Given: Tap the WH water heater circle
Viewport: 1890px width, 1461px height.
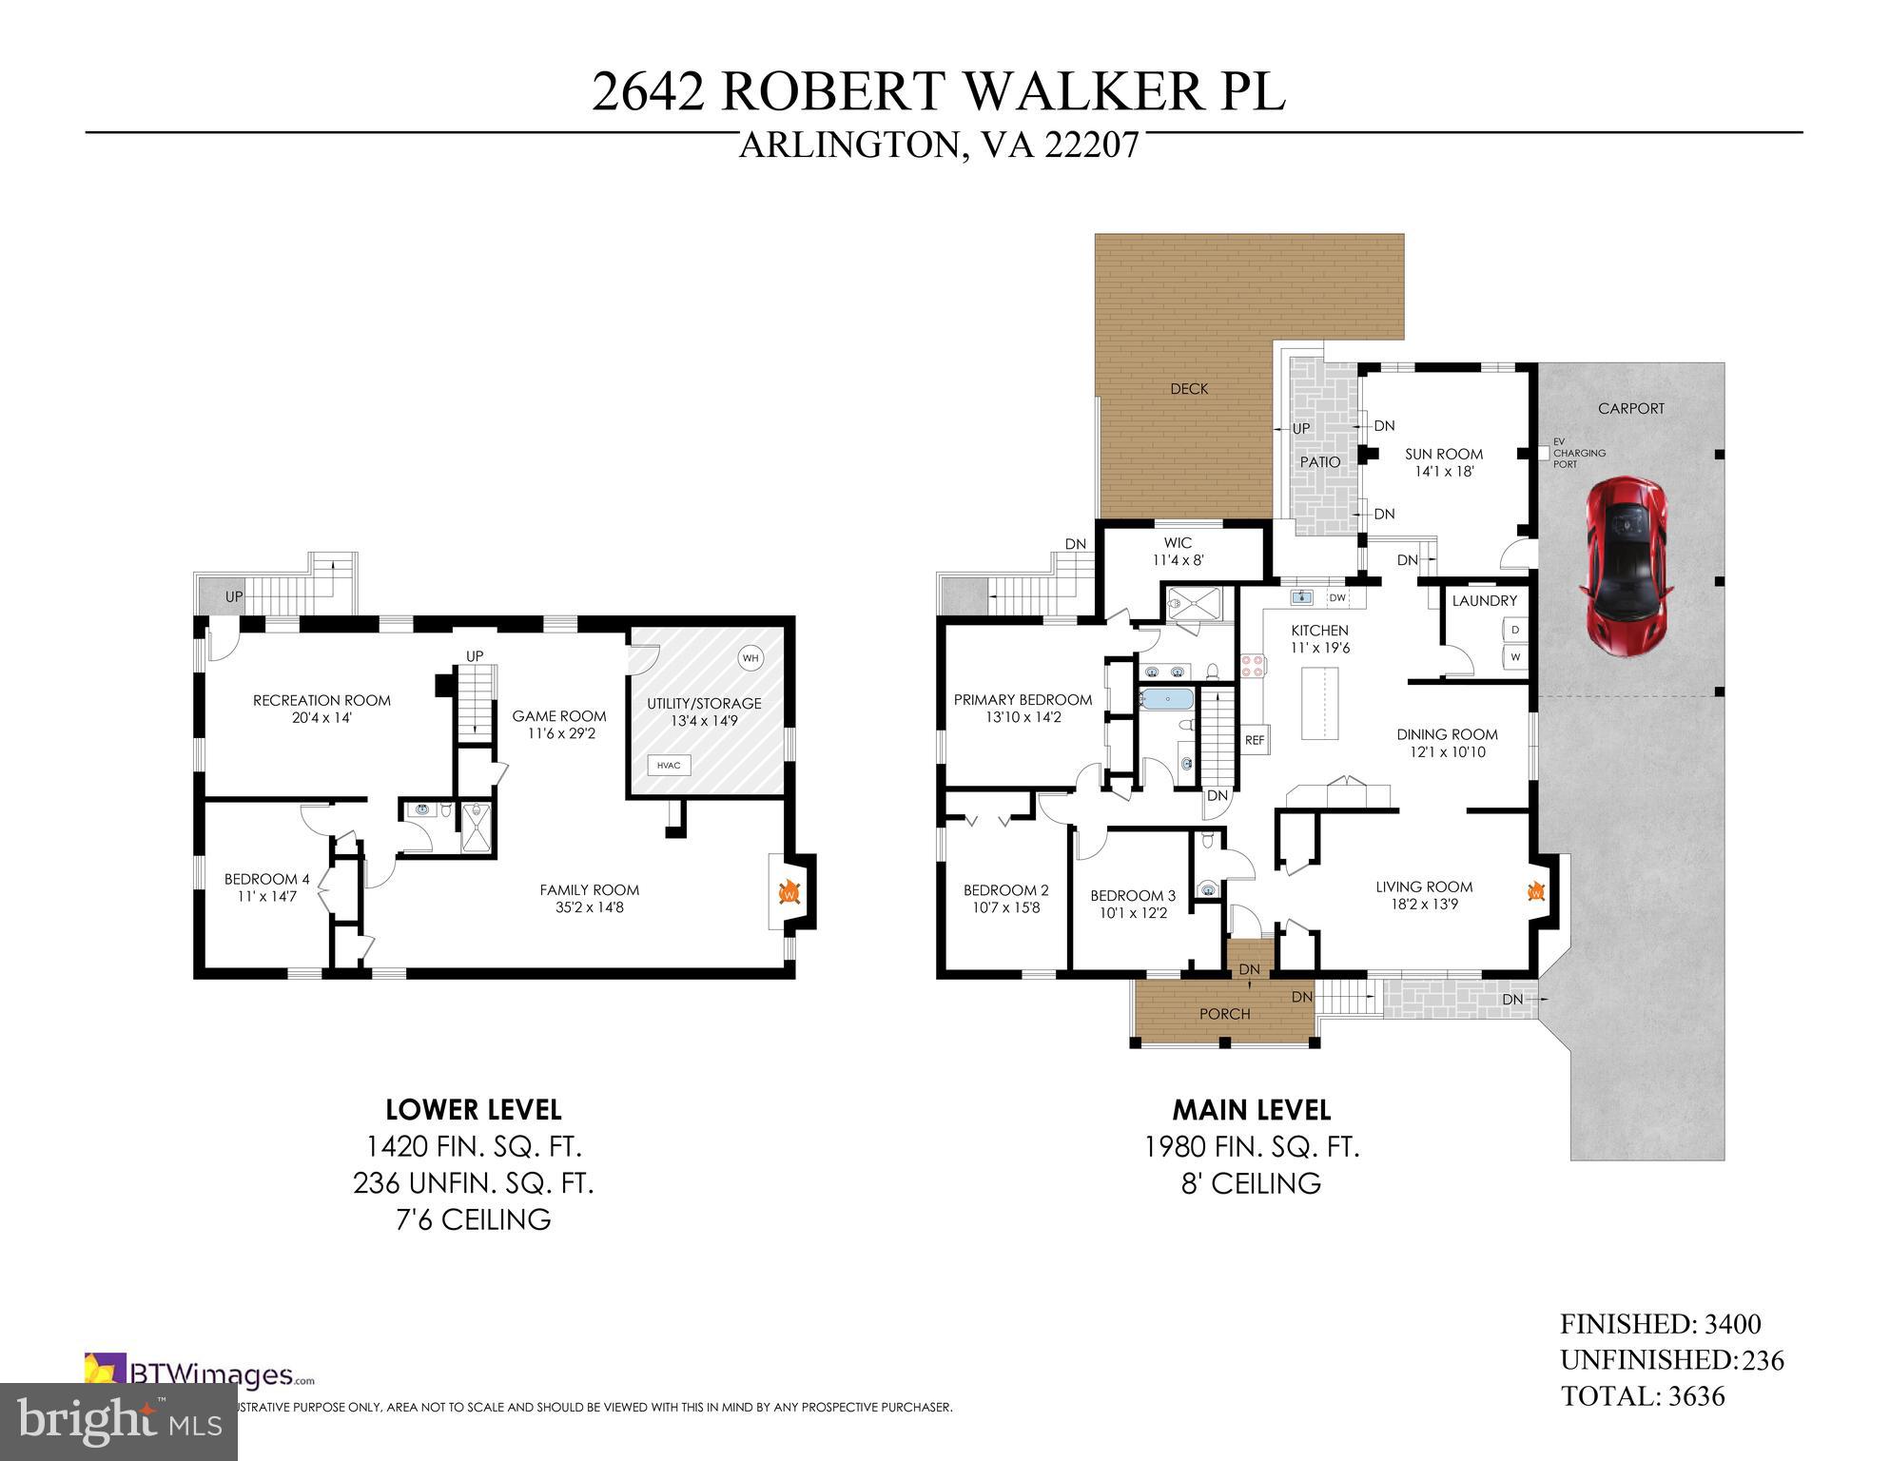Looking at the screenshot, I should [x=751, y=658].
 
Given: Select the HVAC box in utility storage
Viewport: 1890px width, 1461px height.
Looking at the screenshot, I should [x=669, y=765].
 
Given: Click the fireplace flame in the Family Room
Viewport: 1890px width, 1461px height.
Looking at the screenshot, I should [x=789, y=892].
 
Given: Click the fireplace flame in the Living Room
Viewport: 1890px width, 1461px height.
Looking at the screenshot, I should [x=1535, y=891].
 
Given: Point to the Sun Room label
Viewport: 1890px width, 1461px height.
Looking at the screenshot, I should [x=1444, y=455].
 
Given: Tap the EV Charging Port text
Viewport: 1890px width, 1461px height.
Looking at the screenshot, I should [x=1578, y=453].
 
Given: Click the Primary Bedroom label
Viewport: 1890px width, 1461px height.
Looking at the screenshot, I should [x=1023, y=700].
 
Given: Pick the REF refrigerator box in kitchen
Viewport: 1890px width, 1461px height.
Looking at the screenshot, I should [x=1255, y=739].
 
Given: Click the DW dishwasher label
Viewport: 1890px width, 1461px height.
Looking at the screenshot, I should [x=1337, y=597].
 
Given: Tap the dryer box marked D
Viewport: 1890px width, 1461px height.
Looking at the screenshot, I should [x=1515, y=631].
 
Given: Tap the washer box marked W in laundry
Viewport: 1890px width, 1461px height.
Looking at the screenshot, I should [x=1515, y=657].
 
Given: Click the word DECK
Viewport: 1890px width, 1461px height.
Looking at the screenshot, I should [x=1189, y=389].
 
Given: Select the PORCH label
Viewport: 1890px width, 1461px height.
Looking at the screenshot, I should [x=1224, y=1014].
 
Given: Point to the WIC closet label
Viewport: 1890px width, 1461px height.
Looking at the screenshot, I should [x=1178, y=543].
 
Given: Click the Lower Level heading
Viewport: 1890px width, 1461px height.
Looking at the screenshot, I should [x=473, y=1110].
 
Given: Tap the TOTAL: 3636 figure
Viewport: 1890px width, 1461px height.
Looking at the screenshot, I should [x=1642, y=1396].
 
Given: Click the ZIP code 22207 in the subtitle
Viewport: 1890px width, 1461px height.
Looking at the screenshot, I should [x=1091, y=146].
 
